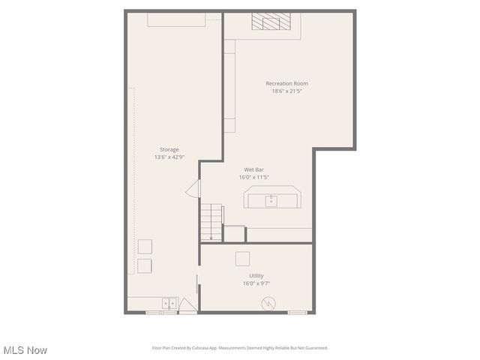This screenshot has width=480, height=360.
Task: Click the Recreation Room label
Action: point(286,83)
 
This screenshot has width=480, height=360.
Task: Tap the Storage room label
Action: point(169,149)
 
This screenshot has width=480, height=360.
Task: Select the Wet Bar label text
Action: point(253,169)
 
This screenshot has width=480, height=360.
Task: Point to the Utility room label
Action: point(256,276)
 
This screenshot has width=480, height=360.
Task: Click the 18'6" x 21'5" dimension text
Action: point(286,91)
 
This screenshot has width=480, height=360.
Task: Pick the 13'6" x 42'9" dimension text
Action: point(169,157)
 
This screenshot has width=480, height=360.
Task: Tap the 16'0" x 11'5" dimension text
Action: point(253,178)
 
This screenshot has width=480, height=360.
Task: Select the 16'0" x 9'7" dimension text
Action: point(256,283)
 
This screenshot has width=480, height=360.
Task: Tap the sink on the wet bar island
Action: point(271,200)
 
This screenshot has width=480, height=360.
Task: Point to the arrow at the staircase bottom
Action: point(211,237)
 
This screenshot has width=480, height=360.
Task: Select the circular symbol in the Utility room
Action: point(268,304)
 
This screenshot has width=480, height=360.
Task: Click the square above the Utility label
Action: point(242,259)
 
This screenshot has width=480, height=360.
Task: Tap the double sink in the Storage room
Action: point(169,303)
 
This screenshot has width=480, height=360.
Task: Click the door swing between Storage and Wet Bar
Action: point(193,188)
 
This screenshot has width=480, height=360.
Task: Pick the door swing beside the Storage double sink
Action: point(187,306)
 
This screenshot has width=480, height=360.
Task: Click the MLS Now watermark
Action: point(25,350)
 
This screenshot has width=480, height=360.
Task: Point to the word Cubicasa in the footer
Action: point(196,348)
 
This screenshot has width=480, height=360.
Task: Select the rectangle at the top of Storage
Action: point(177,19)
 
